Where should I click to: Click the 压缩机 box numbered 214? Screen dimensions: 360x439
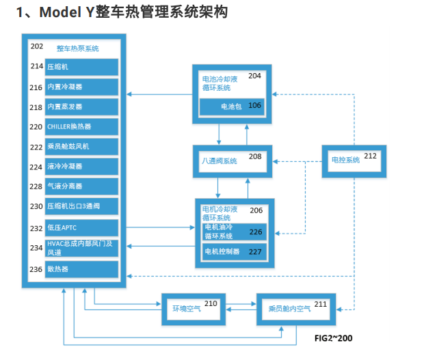click(82, 67)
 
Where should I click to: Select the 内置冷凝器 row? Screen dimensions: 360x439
click(82, 87)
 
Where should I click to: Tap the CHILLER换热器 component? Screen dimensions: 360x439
click(82, 126)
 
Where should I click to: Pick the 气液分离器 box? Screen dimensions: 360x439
click(82, 186)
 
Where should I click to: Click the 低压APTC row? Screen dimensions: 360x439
click(82, 228)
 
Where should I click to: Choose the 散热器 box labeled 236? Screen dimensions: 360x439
click(82, 268)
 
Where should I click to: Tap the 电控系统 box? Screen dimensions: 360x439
click(353, 161)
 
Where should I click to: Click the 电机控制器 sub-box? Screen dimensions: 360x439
click(232, 251)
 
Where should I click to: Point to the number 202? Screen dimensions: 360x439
click(37, 46)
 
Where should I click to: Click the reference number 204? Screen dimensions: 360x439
click(254, 75)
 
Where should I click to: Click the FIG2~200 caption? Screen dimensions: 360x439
click(333, 339)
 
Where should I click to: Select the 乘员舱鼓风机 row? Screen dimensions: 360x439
click(82, 146)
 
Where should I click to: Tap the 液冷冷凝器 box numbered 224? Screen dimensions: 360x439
click(82, 166)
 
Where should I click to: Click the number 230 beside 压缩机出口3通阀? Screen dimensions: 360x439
click(37, 206)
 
